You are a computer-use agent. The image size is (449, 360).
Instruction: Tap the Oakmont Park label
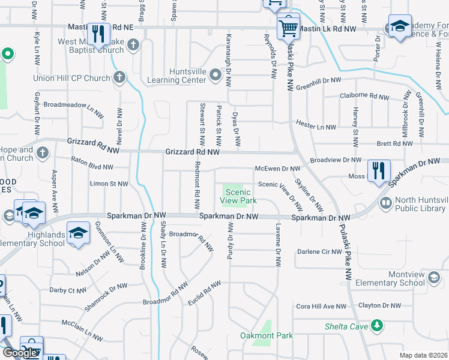click(267, 335)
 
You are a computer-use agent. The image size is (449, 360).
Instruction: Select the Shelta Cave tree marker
click(377, 325)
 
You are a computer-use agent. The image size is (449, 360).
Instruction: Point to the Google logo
click(20, 352)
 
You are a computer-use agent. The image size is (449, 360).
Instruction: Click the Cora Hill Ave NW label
click(321, 306)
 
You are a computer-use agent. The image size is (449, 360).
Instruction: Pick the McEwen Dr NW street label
click(277, 169)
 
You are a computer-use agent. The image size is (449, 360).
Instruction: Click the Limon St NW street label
click(109, 184)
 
